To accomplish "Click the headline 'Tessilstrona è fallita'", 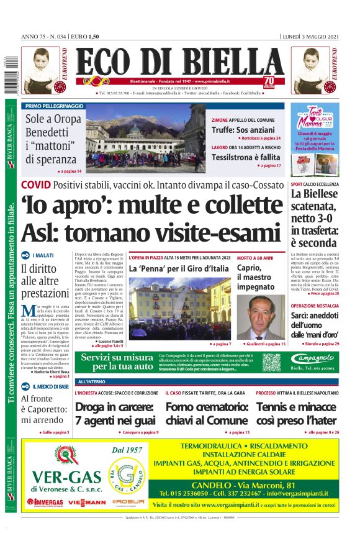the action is click(243, 157).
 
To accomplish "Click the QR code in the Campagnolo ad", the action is click(271, 363).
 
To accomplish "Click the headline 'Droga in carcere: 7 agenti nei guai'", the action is click(115, 414).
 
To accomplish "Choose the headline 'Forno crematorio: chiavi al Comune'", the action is click(207, 414).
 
